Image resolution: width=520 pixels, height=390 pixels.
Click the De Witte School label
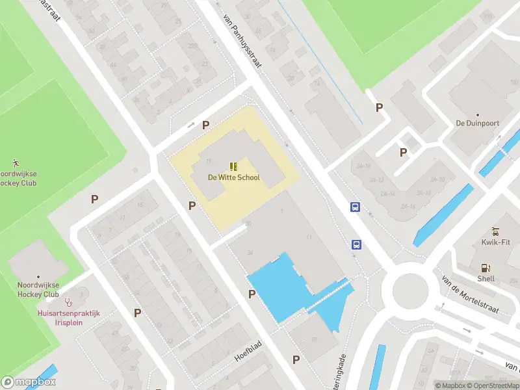point(233,177)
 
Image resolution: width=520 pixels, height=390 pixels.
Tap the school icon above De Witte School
point(233,166)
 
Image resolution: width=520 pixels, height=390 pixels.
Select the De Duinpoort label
point(476,123)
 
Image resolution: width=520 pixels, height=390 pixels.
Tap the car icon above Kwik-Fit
point(495,231)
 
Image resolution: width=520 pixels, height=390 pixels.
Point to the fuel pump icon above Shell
point(486,268)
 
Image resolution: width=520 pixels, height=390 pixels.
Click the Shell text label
point(486,278)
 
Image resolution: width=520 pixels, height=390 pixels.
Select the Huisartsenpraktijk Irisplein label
point(68,318)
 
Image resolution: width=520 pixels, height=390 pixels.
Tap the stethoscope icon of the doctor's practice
point(68,302)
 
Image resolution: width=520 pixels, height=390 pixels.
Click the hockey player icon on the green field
point(16,162)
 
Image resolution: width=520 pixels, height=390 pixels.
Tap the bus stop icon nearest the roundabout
point(356,244)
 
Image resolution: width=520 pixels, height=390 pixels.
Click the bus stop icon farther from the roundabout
point(355,207)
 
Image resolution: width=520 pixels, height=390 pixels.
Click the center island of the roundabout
point(410,287)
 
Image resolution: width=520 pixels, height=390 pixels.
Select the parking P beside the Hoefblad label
point(296,359)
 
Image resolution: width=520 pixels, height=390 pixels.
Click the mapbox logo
point(29,382)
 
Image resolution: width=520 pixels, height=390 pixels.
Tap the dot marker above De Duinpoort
point(478,114)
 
